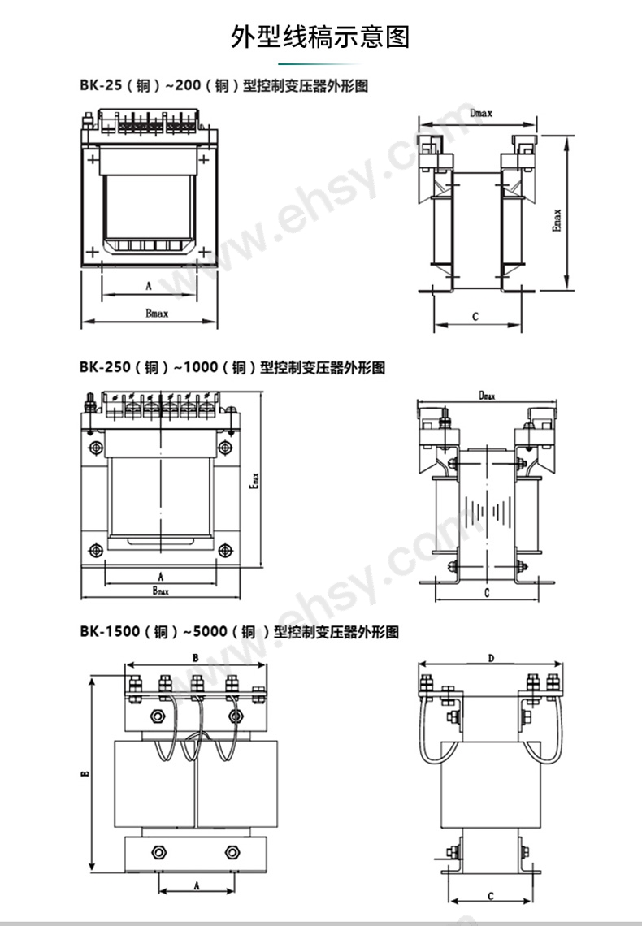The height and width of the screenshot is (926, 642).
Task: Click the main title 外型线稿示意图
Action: tap(320, 37)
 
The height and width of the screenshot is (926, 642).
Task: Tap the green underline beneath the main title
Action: tap(320, 63)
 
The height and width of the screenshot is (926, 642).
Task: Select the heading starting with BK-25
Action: tap(223, 85)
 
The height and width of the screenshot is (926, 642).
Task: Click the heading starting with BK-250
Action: tap(232, 367)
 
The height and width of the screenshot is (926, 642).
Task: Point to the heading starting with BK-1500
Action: tap(240, 631)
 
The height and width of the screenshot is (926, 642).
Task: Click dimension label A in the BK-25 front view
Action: tap(149, 286)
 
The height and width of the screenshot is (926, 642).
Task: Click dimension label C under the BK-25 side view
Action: tap(475, 317)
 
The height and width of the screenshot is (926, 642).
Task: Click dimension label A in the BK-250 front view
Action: tap(161, 575)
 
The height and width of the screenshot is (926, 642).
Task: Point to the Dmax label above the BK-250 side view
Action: tap(487, 395)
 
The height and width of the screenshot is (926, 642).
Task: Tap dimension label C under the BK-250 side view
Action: tap(485, 594)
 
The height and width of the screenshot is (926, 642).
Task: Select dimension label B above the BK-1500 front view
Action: tap(195, 657)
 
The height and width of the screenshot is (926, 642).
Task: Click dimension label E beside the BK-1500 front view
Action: tap(85, 776)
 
